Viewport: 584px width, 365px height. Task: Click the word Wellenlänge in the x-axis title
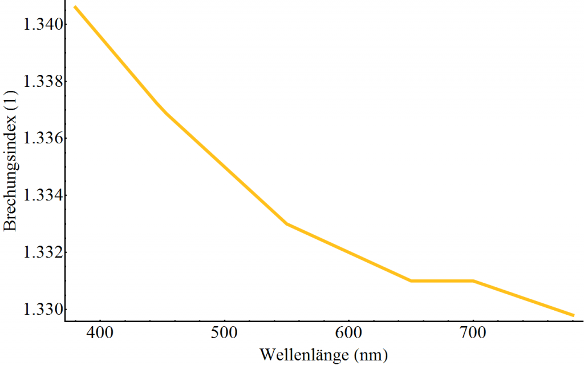[x=306, y=354]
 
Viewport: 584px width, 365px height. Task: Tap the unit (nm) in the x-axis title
[x=370, y=355]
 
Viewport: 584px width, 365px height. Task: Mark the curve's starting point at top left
[x=75, y=7]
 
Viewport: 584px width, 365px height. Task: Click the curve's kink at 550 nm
[x=287, y=224]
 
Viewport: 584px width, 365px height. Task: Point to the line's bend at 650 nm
[x=411, y=280]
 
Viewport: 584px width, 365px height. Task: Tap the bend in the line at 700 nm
[x=473, y=280]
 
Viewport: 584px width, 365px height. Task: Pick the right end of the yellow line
[x=573, y=315]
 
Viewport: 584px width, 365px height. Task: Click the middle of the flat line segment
[x=442, y=280]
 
